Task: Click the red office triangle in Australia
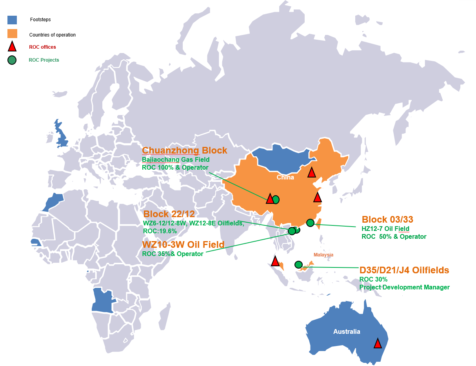coord(378,344)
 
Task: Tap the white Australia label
coord(347,332)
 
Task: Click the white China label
coord(285,178)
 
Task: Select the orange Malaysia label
coord(323,255)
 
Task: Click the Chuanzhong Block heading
coord(184,150)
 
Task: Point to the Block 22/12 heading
coord(169,214)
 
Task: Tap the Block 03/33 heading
coord(387,220)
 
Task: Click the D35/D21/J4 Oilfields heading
coord(404,271)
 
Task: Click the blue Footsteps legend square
coord(12,20)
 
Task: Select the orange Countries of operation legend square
coord(12,34)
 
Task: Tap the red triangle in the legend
coord(12,47)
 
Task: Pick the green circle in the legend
coord(12,60)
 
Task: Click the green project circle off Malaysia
coord(298,265)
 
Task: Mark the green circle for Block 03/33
coord(310,223)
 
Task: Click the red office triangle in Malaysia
coord(275,261)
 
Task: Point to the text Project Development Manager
coord(405,287)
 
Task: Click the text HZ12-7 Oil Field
coord(385,229)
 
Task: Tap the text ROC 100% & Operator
coord(175,168)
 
